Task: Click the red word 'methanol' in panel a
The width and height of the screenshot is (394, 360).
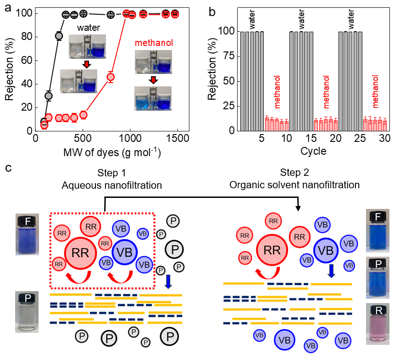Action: pos(154,43)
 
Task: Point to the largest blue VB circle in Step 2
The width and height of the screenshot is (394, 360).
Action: pos(326,250)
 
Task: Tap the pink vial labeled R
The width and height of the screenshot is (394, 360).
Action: pos(377,324)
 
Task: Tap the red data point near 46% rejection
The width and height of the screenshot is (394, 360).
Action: pos(110,77)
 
